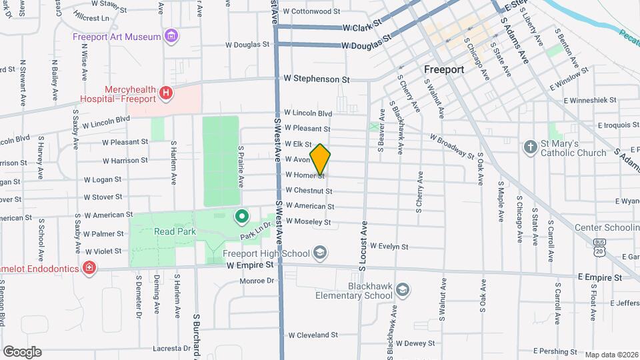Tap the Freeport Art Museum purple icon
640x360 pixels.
point(172,36)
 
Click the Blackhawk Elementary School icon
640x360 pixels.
point(402,289)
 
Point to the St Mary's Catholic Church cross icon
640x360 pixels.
point(530,147)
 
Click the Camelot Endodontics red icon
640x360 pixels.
point(89,268)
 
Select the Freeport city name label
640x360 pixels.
point(443,69)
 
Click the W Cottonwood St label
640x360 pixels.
point(311,11)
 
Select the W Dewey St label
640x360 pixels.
point(415,343)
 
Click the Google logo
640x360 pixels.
point(22,351)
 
